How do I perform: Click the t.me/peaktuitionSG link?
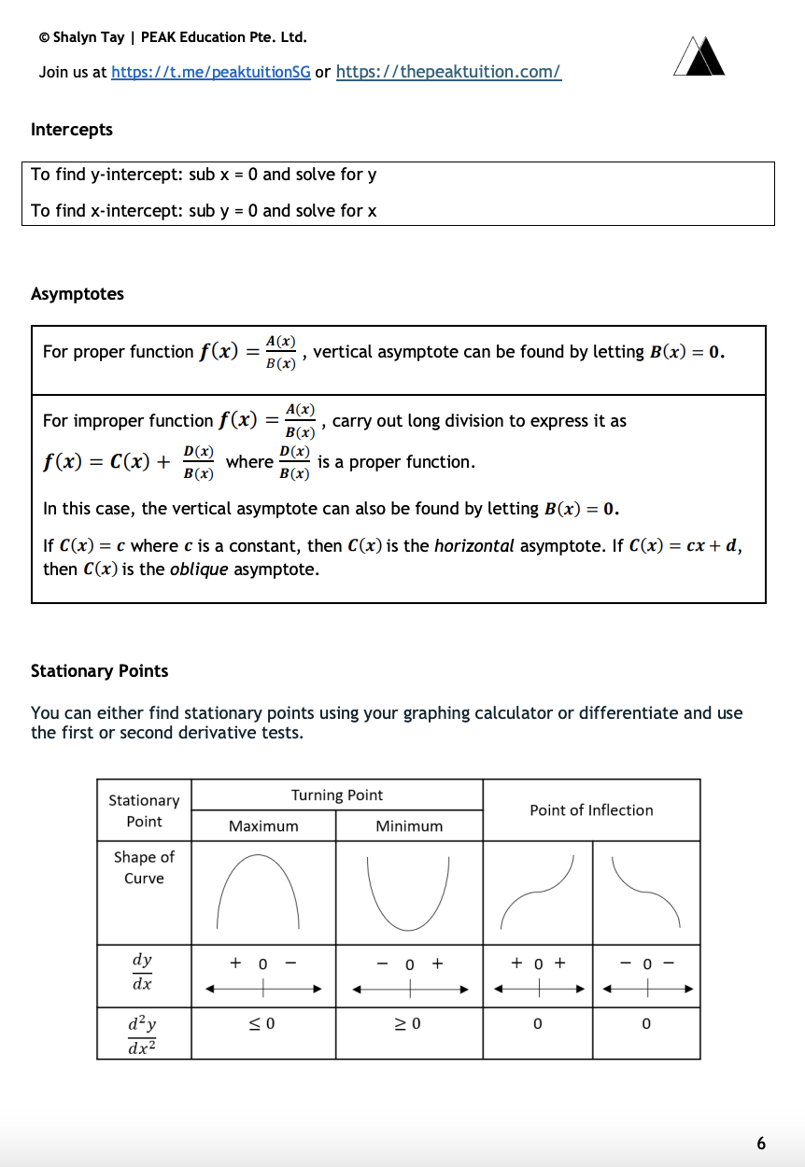211,72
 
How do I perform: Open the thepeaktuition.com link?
448,72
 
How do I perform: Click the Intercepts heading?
72,130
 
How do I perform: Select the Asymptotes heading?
78,294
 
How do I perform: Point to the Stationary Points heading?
100,671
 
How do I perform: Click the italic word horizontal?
474,546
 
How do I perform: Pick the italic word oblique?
198,569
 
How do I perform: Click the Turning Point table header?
337,795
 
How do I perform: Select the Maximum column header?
263,826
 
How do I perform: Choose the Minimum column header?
409,826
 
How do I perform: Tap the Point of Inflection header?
591,810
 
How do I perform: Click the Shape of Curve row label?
144,867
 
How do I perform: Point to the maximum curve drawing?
258,892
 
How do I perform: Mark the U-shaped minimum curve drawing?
408,892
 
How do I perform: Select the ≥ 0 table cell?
408,1024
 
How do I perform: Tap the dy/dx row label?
143,971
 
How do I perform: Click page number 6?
761,1143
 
